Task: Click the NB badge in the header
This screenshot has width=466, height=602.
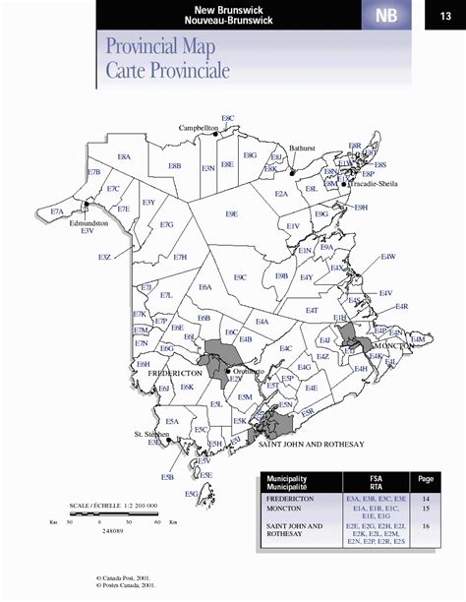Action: (x=386, y=15)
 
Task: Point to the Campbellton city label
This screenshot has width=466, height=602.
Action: (x=198, y=129)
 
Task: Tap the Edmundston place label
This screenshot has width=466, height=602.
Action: (x=88, y=222)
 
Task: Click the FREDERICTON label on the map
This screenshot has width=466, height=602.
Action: (x=174, y=374)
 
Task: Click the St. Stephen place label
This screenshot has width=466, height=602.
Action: (x=152, y=433)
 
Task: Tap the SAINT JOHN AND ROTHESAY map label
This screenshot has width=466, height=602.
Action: (x=311, y=445)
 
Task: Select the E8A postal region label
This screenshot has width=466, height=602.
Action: (x=124, y=156)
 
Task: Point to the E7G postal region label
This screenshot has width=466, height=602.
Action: (x=167, y=225)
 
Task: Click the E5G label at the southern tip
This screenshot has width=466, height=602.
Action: (x=193, y=493)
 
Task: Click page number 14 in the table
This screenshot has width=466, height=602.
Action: (x=426, y=500)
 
